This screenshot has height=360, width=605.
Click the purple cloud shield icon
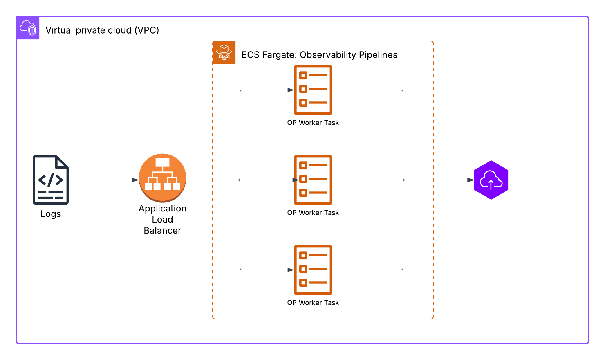point(28,28)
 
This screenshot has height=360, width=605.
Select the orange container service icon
point(224,52)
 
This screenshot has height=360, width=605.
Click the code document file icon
point(51,180)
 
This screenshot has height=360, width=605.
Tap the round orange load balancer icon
point(162,178)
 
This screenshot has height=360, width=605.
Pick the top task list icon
point(313,90)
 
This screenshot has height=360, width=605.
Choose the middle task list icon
point(313,180)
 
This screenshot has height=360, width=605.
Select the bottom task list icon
point(313,270)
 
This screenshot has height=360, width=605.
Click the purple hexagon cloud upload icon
point(491,180)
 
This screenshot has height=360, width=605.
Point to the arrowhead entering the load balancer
point(136,180)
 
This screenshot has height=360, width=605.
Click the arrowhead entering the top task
point(291,90)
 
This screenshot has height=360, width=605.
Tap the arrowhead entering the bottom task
point(291,270)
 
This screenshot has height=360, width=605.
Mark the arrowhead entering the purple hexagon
point(471,180)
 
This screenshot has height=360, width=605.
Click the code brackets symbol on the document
point(51,180)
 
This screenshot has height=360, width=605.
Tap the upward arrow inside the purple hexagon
point(491,185)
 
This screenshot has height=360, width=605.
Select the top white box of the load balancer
point(162,162)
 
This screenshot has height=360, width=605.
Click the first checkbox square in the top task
point(303,75)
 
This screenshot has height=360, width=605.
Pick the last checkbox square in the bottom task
point(303,283)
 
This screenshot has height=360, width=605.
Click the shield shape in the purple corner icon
point(32,31)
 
